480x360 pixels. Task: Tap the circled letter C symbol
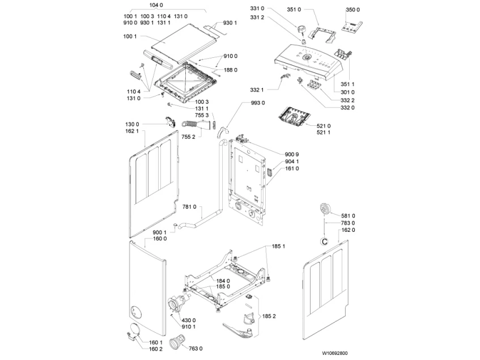pyautogui.click(x=324, y=242)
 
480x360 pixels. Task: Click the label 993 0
pyautogui.click(x=258, y=103)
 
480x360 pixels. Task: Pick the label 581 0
pyautogui.click(x=348, y=215)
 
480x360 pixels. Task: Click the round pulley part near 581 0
pyautogui.click(x=325, y=208)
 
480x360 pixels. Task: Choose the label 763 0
pyautogui.click(x=196, y=348)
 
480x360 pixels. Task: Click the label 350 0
pyautogui.click(x=352, y=10)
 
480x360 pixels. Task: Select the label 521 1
pyautogui.click(x=324, y=133)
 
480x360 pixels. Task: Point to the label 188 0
pyautogui.click(x=231, y=70)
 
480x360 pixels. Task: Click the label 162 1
pyautogui.click(x=131, y=131)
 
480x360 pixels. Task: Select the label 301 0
pyautogui.click(x=347, y=92)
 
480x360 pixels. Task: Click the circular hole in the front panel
pyautogui.click(x=135, y=310)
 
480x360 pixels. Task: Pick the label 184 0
pyautogui.click(x=223, y=281)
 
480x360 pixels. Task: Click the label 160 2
pyautogui.click(x=156, y=349)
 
